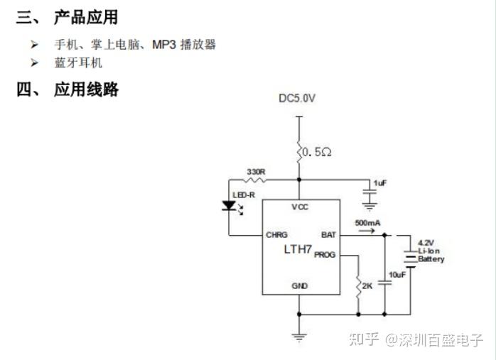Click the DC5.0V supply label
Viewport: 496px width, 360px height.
point(296,98)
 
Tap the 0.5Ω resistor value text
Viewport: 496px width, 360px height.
point(317,152)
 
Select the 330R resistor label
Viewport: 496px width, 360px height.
point(256,172)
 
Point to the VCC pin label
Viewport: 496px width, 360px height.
point(298,207)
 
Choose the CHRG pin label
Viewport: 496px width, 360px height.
point(276,234)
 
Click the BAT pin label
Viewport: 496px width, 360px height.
point(328,234)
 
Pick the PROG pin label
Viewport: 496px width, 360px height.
point(325,254)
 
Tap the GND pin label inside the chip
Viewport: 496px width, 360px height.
point(299,285)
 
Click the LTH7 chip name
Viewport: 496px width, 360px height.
point(298,249)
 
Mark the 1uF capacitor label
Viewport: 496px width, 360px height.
point(380,183)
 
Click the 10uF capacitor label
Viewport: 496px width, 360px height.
point(397,274)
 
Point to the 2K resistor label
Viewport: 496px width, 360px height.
point(367,286)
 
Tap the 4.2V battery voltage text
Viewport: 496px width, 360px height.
point(426,242)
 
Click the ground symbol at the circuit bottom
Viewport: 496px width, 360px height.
point(299,337)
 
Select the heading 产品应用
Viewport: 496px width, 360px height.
point(86,17)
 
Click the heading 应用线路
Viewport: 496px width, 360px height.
point(86,89)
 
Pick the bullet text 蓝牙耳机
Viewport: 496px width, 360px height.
point(78,62)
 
